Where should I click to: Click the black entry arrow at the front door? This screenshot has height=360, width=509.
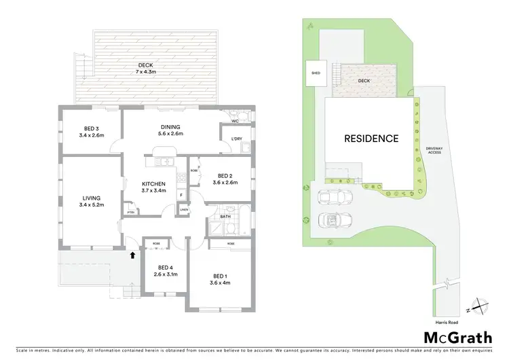[x=131, y=255]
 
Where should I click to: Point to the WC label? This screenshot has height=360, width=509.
[x=234, y=122]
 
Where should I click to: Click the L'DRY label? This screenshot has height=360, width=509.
[x=237, y=139]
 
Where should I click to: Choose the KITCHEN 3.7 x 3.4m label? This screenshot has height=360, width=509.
[x=154, y=188]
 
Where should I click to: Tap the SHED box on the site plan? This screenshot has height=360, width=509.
[x=316, y=73]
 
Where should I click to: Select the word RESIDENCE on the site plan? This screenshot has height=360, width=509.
[x=371, y=139]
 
